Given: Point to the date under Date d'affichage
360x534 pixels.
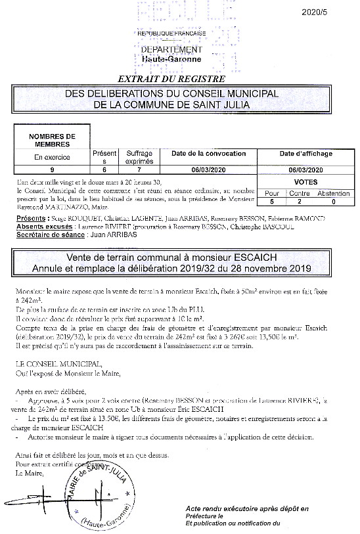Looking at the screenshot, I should click(x=305, y=169).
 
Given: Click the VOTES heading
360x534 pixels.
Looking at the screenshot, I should click(x=305, y=182).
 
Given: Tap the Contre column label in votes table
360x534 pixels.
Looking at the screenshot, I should click(x=300, y=194).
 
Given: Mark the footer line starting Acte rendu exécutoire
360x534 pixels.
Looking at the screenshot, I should click(x=246, y=509).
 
